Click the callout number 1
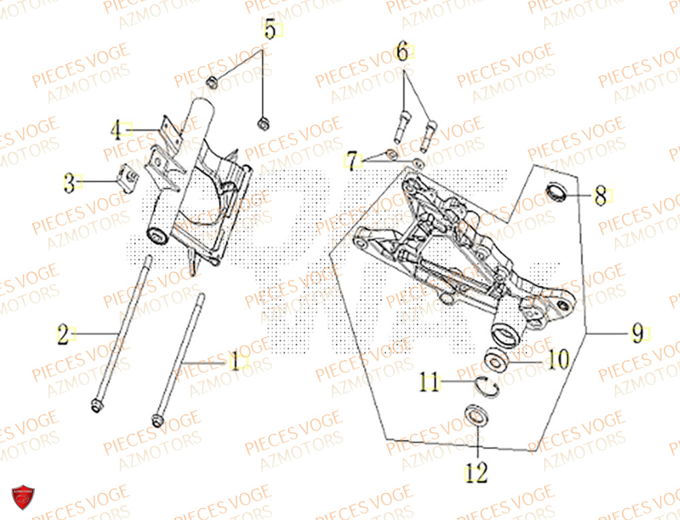pos(233,362)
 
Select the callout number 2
pos(63,334)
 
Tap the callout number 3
pos(69,182)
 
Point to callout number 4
pos(116,129)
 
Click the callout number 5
pos(270,31)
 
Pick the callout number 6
pos(402,52)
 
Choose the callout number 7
pos(351,161)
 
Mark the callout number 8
pos(599,197)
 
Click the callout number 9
pos(636,334)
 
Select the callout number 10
pos(558,359)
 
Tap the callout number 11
pos(430,383)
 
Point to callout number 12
pos(477,472)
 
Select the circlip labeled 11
pos(488,386)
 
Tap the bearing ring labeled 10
pos(497,359)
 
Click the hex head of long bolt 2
pos(94,407)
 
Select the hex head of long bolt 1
pos(157,419)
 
